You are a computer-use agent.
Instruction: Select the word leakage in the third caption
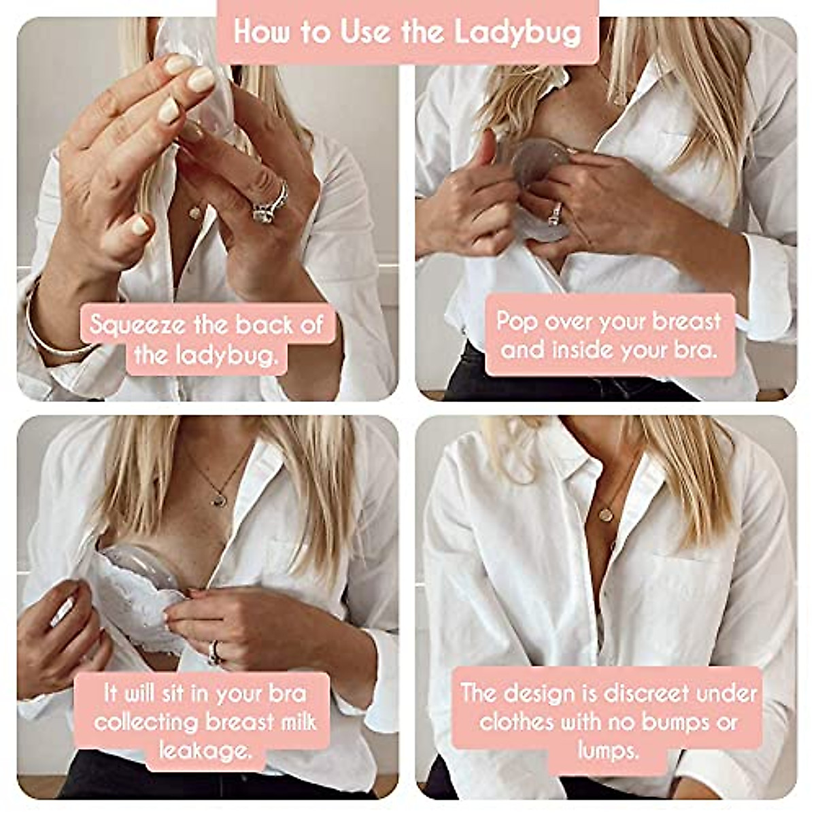204,750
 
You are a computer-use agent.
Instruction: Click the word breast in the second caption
687,321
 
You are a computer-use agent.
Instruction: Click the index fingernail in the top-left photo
202,80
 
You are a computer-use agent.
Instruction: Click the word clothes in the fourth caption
516,721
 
